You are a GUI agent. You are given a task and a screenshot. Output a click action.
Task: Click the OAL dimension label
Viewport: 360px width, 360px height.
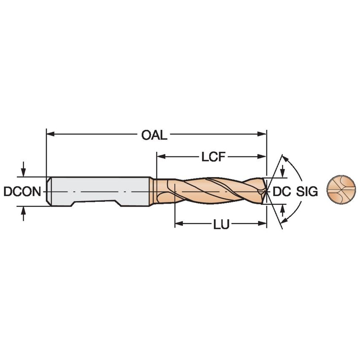154,135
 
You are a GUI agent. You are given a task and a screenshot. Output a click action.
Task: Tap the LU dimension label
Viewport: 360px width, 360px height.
221,225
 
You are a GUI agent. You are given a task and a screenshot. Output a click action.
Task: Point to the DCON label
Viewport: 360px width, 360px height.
22,192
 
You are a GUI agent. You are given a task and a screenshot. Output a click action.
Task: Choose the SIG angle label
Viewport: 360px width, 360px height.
306,191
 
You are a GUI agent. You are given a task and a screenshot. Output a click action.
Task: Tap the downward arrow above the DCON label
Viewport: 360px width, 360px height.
23,171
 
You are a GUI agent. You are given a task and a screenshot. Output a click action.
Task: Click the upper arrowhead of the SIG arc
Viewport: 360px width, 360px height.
285,159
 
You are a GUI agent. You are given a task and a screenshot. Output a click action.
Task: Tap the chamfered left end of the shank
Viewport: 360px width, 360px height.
48,191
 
